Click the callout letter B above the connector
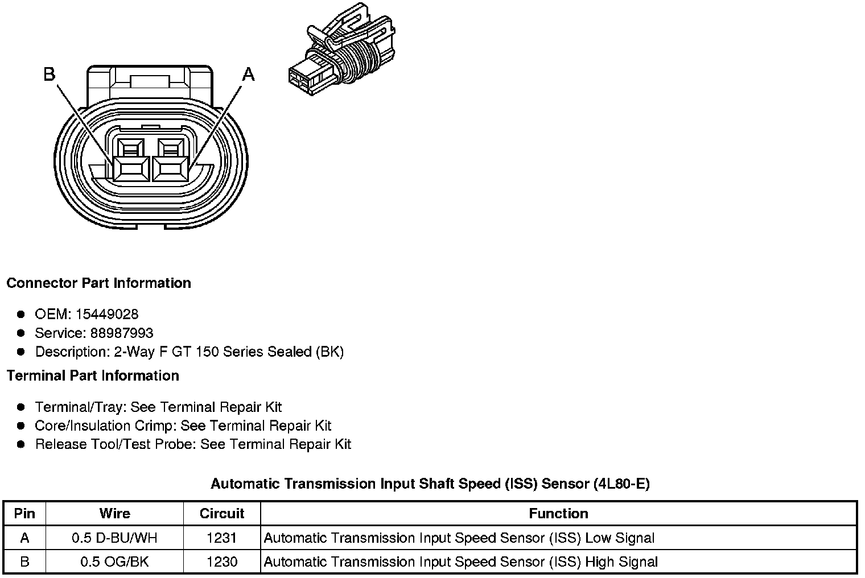(x=50, y=74)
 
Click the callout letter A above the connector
(x=249, y=74)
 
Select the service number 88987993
(x=122, y=333)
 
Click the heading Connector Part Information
(x=98, y=283)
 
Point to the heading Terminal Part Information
(x=93, y=376)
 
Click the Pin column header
(x=24, y=514)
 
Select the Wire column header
(x=114, y=514)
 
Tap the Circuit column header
(x=222, y=514)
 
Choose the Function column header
(x=558, y=514)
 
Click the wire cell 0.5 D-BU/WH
(x=114, y=538)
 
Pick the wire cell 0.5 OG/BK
(x=114, y=562)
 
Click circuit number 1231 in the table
(x=222, y=538)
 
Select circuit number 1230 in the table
(x=222, y=562)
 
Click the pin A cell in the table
(x=24, y=538)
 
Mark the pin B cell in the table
(x=24, y=562)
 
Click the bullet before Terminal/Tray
(x=21, y=407)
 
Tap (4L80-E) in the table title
(x=621, y=484)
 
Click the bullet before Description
(x=21, y=352)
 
